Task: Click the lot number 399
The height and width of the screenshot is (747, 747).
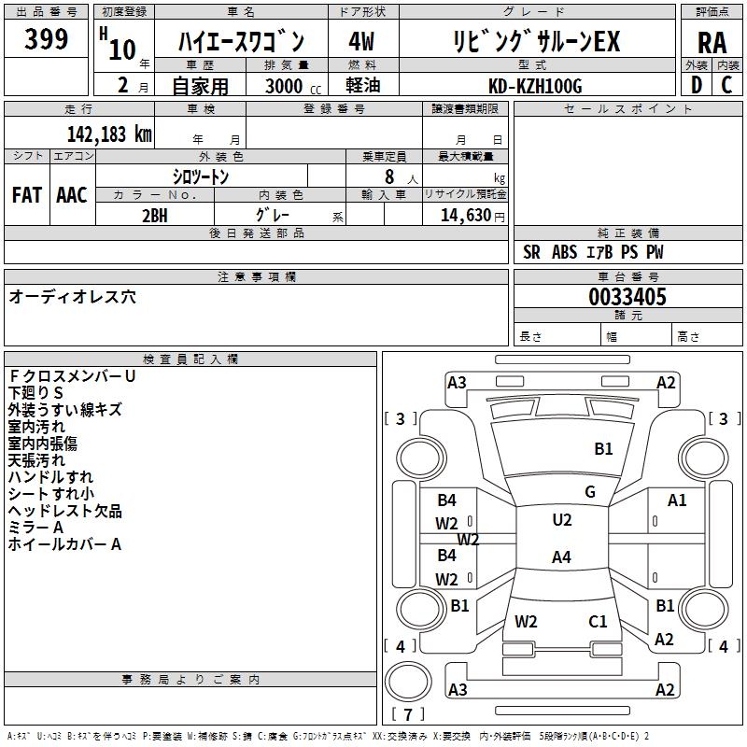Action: coord(46,39)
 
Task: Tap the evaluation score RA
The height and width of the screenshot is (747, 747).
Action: coord(712,42)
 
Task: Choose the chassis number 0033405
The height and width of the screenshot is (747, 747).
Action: coord(627,298)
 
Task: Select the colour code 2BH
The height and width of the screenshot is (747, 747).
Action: coord(155,215)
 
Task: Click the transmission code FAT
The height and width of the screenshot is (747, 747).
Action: coord(26,195)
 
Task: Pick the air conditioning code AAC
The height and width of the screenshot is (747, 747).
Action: coord(72,195)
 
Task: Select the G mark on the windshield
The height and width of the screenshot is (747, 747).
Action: coord(590,492)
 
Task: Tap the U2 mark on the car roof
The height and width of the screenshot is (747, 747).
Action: coord(562,520)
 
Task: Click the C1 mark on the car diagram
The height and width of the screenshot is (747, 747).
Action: coord(598,621)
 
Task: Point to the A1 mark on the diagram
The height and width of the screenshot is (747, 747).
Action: coord(677,500)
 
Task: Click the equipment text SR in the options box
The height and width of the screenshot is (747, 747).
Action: coord(532,252)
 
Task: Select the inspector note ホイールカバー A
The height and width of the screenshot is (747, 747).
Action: coord(64,544)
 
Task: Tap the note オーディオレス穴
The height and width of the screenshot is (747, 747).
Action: coord(72,297)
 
